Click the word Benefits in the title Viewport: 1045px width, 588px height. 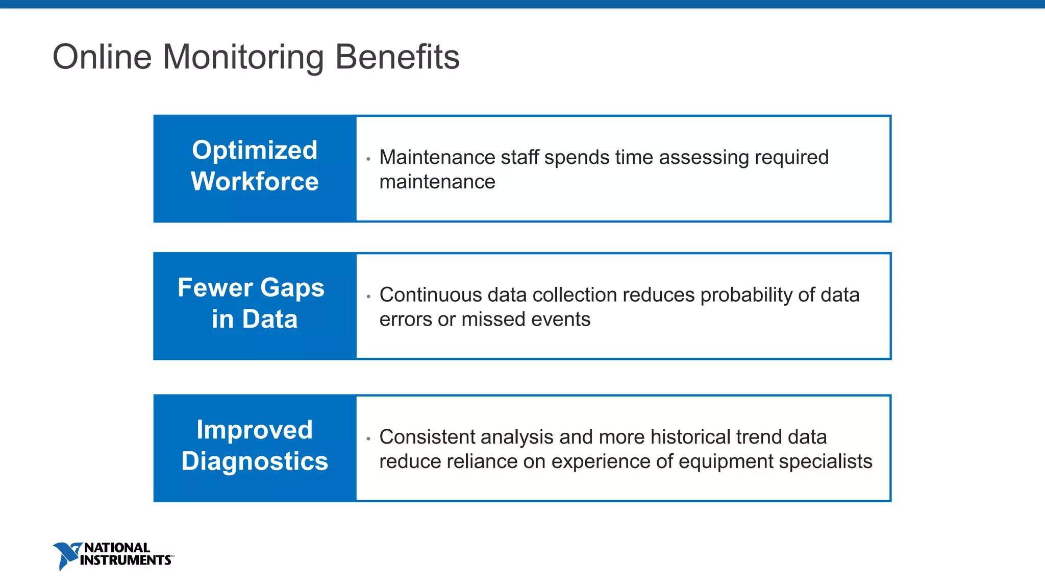pyautogui.click(x=397, y=57)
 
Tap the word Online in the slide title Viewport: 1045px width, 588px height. pyautogui.click(x=102, y=57)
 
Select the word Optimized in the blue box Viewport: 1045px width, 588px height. pyautogui.click(x=255, y=150)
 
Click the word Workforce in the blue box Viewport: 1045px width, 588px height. pyautogui.click(x=255, y=182)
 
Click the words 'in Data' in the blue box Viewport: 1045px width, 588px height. pyautogui.click(x=255, y=320)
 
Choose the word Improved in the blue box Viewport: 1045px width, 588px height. pyautogui.click(x=255, y=430)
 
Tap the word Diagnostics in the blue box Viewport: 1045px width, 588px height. pyautogui.click(x=255, y=461)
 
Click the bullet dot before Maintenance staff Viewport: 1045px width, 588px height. pyautogui.click(x=368, y=159)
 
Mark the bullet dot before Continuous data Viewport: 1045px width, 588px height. pyautogui.click(x=368, y=297)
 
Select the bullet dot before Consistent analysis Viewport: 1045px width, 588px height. pyautogui.click(x=368, y=438)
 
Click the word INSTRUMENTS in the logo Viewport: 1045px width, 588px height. pyautogui.click(x=126, y=560)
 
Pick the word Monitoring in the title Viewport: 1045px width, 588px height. pyautogui.click(x=243, y=57)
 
